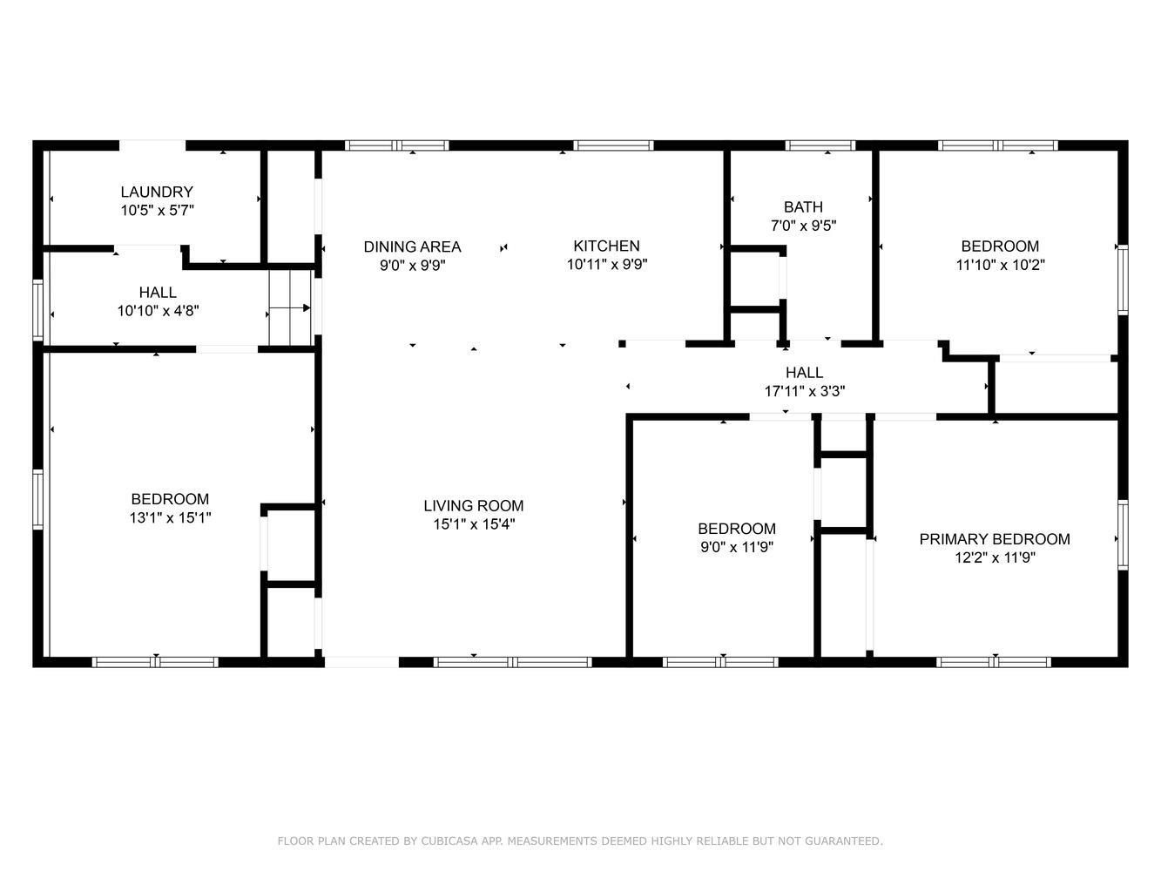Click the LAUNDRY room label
(x=157, y=192)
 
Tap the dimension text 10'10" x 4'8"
(x=158, y=310)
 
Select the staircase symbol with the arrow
(x=290, y=307)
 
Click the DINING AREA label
(x=412, y=246)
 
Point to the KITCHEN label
(x=606, y=246)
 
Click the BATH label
(x=803, y=206)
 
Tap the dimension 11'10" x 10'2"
(x=1000, y=265)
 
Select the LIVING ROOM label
(x=474, y=505)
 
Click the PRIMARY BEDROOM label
(x=995, y=539)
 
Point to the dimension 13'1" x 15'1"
(x=170, y=517)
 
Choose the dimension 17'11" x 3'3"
(x=805, y=391)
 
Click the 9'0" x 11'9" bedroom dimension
(x=737, y=547)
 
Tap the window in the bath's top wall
(x=820, y=145)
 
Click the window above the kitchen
(x=613, y=145)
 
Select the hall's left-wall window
(x=37, y=309)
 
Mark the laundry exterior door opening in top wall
(x=152, y=145)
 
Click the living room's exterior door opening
(x=361, y=662)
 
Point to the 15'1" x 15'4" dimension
(x=474, y=524)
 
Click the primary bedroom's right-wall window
(x=1123, y=535)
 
